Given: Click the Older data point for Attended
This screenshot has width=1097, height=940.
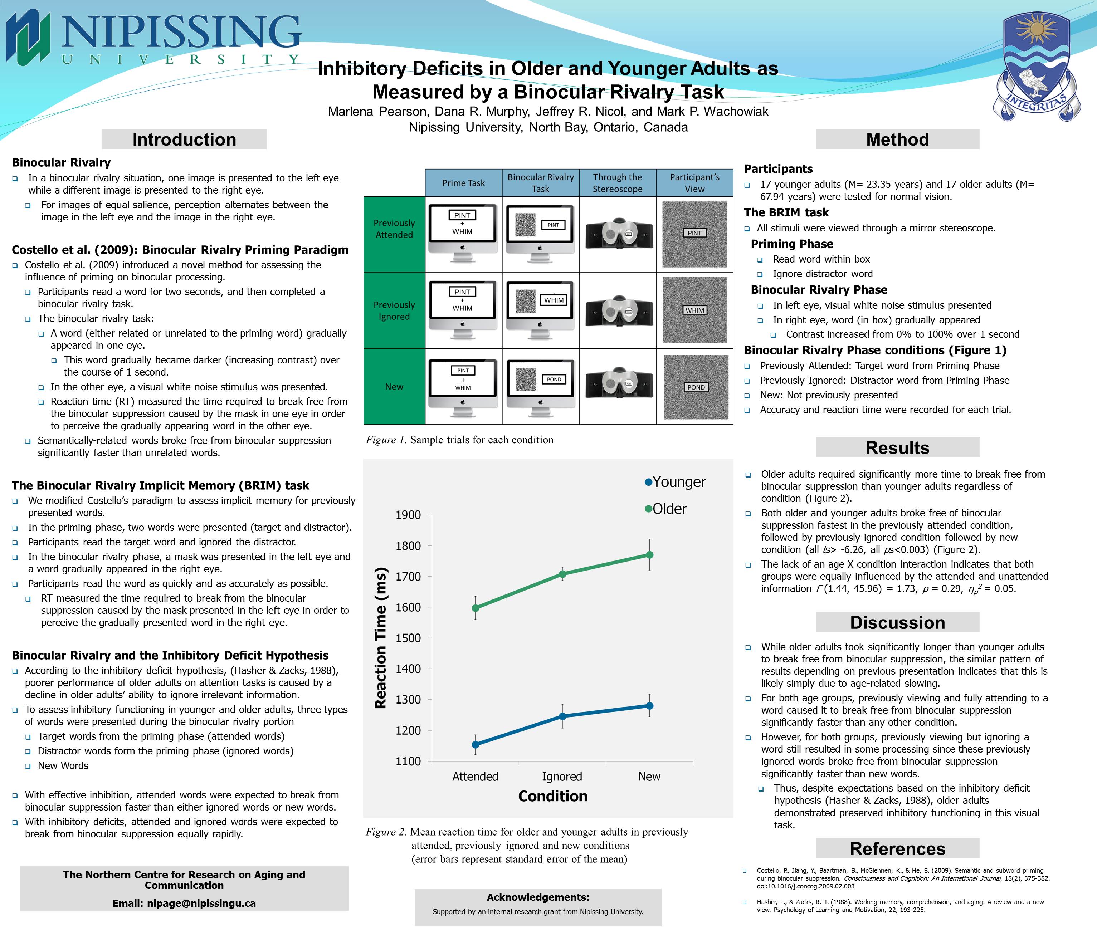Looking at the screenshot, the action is point(476,608).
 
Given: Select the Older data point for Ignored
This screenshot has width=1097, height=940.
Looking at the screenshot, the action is point(562,574).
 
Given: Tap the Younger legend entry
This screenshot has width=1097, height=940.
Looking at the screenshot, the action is point(675,482).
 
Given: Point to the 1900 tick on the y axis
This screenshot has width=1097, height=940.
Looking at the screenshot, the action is point(408,515).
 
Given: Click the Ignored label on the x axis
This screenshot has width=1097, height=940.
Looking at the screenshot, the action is point(562,777).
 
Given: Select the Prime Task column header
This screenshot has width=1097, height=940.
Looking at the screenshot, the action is point(463,183).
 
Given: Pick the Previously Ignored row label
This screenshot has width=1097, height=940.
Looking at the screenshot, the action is point(394,311).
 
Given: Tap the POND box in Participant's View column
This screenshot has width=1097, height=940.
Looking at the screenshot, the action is point(696,387).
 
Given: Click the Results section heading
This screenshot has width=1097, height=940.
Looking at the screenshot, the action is point(897,448).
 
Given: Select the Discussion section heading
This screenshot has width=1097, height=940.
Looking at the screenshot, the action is point(897,622).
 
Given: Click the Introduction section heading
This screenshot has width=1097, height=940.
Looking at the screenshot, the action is point(184,139).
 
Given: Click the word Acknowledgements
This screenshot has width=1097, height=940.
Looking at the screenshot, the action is point(538,897).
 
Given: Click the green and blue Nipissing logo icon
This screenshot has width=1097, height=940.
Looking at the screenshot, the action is point(28,37).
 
